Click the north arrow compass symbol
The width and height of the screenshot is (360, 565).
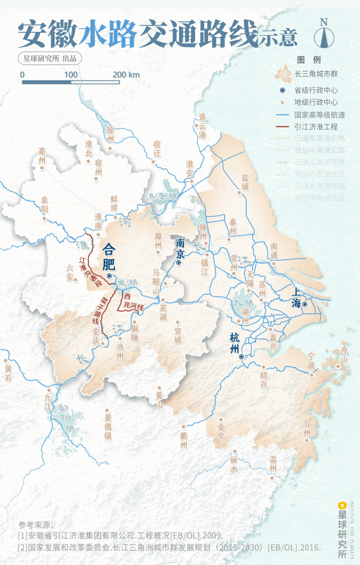click(x=324, y=35)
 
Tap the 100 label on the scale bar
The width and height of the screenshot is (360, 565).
click(x=71, y=75)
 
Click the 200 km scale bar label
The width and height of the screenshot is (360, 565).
click(x=126, y=75)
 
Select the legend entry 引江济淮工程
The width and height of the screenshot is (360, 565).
click(x=316, y=126)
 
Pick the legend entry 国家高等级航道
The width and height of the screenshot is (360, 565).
click(x=319, y=115)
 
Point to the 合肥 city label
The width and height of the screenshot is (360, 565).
click(x=109, y=256)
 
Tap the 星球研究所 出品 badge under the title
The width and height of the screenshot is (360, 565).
click(x=49, y=58)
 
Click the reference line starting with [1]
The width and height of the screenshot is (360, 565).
click(x=120, y=535)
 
